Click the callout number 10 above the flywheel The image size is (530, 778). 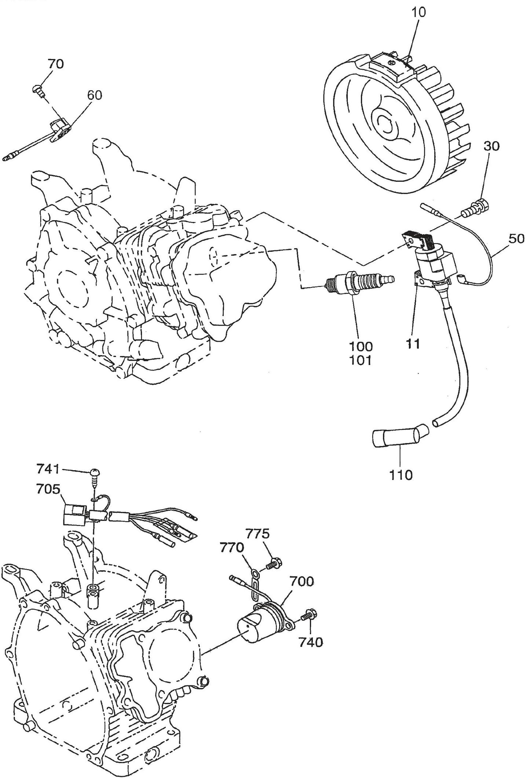[418, 12]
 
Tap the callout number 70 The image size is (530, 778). [55, 64]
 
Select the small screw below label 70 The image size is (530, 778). [37, 89]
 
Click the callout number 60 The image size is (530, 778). [95, 95]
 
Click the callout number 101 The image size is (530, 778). [361, 361]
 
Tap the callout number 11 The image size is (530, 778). [413, 343]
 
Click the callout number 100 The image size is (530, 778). [361, 346]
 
